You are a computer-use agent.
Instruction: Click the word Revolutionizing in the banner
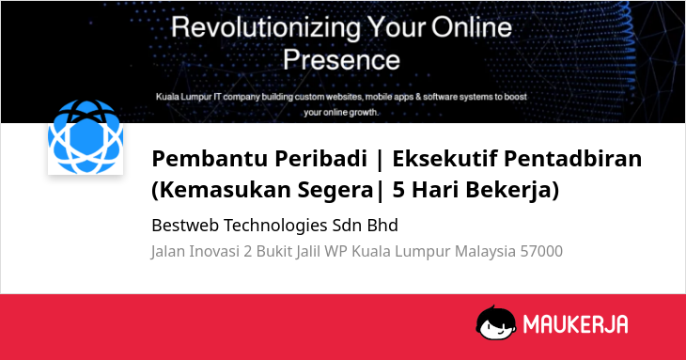[266, 28]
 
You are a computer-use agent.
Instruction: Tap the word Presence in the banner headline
[341, 59]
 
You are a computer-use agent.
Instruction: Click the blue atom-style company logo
[86, 136]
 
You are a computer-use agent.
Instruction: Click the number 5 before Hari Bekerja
[398, 190]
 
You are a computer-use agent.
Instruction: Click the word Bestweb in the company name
[184, 226]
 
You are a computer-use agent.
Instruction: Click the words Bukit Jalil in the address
[288, 252]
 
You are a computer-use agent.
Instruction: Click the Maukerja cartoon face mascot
[496, 322]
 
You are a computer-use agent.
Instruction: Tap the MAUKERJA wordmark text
[576, 324]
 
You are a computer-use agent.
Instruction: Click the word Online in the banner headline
[472, 27]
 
